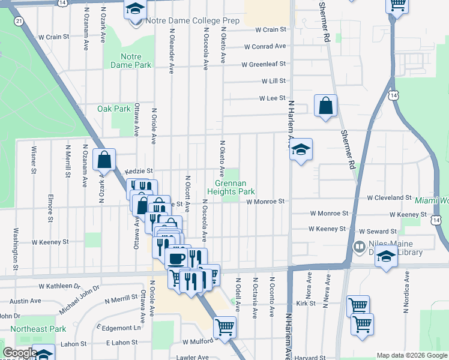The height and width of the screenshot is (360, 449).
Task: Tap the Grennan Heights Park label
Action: [x=231, y=187]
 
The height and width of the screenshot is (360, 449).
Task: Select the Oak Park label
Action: [x=114, y=109]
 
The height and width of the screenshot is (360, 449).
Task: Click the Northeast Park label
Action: [x=41, y=329]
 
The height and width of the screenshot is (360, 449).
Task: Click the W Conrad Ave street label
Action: [x=264, y=46]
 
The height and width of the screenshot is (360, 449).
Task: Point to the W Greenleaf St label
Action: [x=263, y=64]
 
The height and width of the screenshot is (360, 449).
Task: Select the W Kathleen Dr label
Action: [x=59, y=287]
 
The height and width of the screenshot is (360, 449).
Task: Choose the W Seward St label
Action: [x=380, y=231]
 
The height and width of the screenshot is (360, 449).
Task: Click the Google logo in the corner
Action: [x=20, y=353]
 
